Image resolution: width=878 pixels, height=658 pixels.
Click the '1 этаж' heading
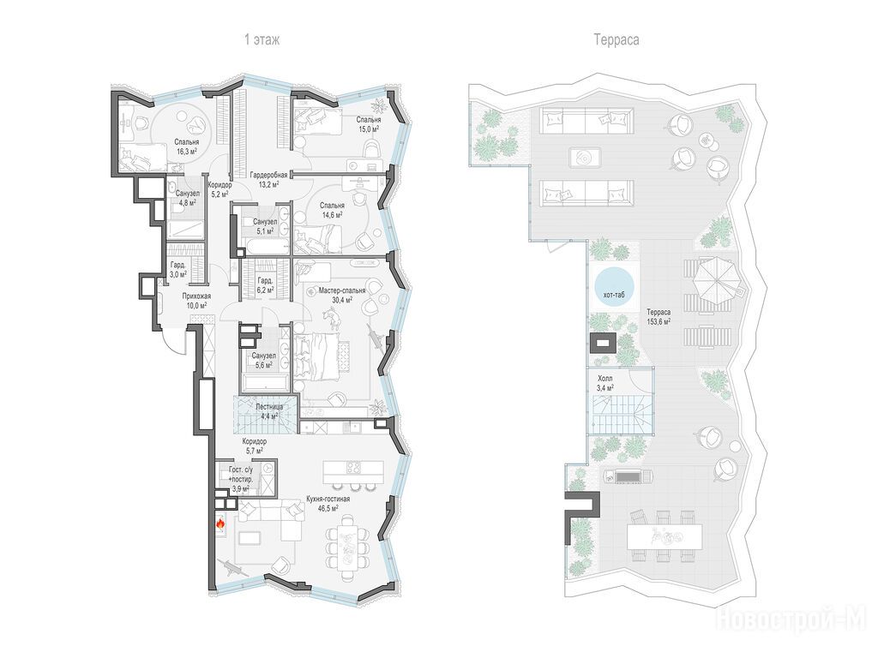pos(262,39)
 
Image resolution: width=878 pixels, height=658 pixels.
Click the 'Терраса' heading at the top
pos(616,39)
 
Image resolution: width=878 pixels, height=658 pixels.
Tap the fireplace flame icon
pos(220,524)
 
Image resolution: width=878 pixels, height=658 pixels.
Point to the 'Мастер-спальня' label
pos(342,290)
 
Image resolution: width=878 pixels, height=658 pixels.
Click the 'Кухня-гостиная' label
pos(328,499)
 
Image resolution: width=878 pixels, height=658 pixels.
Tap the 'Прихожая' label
pos(195,296)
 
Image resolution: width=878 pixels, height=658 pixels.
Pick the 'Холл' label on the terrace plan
pos(604,378)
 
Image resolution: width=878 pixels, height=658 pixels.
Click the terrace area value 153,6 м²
pos(659,322)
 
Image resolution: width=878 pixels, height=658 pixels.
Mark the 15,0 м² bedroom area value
pos(369,129)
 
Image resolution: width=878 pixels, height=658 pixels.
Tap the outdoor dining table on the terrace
pos(665,536)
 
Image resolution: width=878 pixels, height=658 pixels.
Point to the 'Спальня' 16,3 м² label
pos(186,142)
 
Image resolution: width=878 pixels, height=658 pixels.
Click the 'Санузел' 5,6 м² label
pos(263,356)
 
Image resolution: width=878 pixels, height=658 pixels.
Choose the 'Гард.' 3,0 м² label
pos(178,266)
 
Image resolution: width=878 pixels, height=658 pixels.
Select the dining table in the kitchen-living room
pos(348,547)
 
